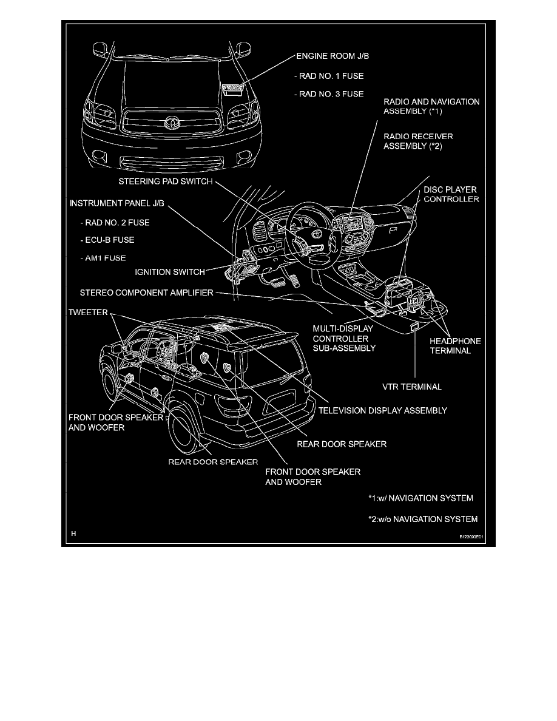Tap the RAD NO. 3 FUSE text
[x=328, y=94]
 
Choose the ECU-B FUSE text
[x=106, y=240]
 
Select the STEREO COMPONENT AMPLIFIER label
[x=146, y=293]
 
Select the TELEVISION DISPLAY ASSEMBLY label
[x=383, y=410]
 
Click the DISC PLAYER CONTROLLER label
[x=451, y=194]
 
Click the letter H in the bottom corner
[x=73, y=534]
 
